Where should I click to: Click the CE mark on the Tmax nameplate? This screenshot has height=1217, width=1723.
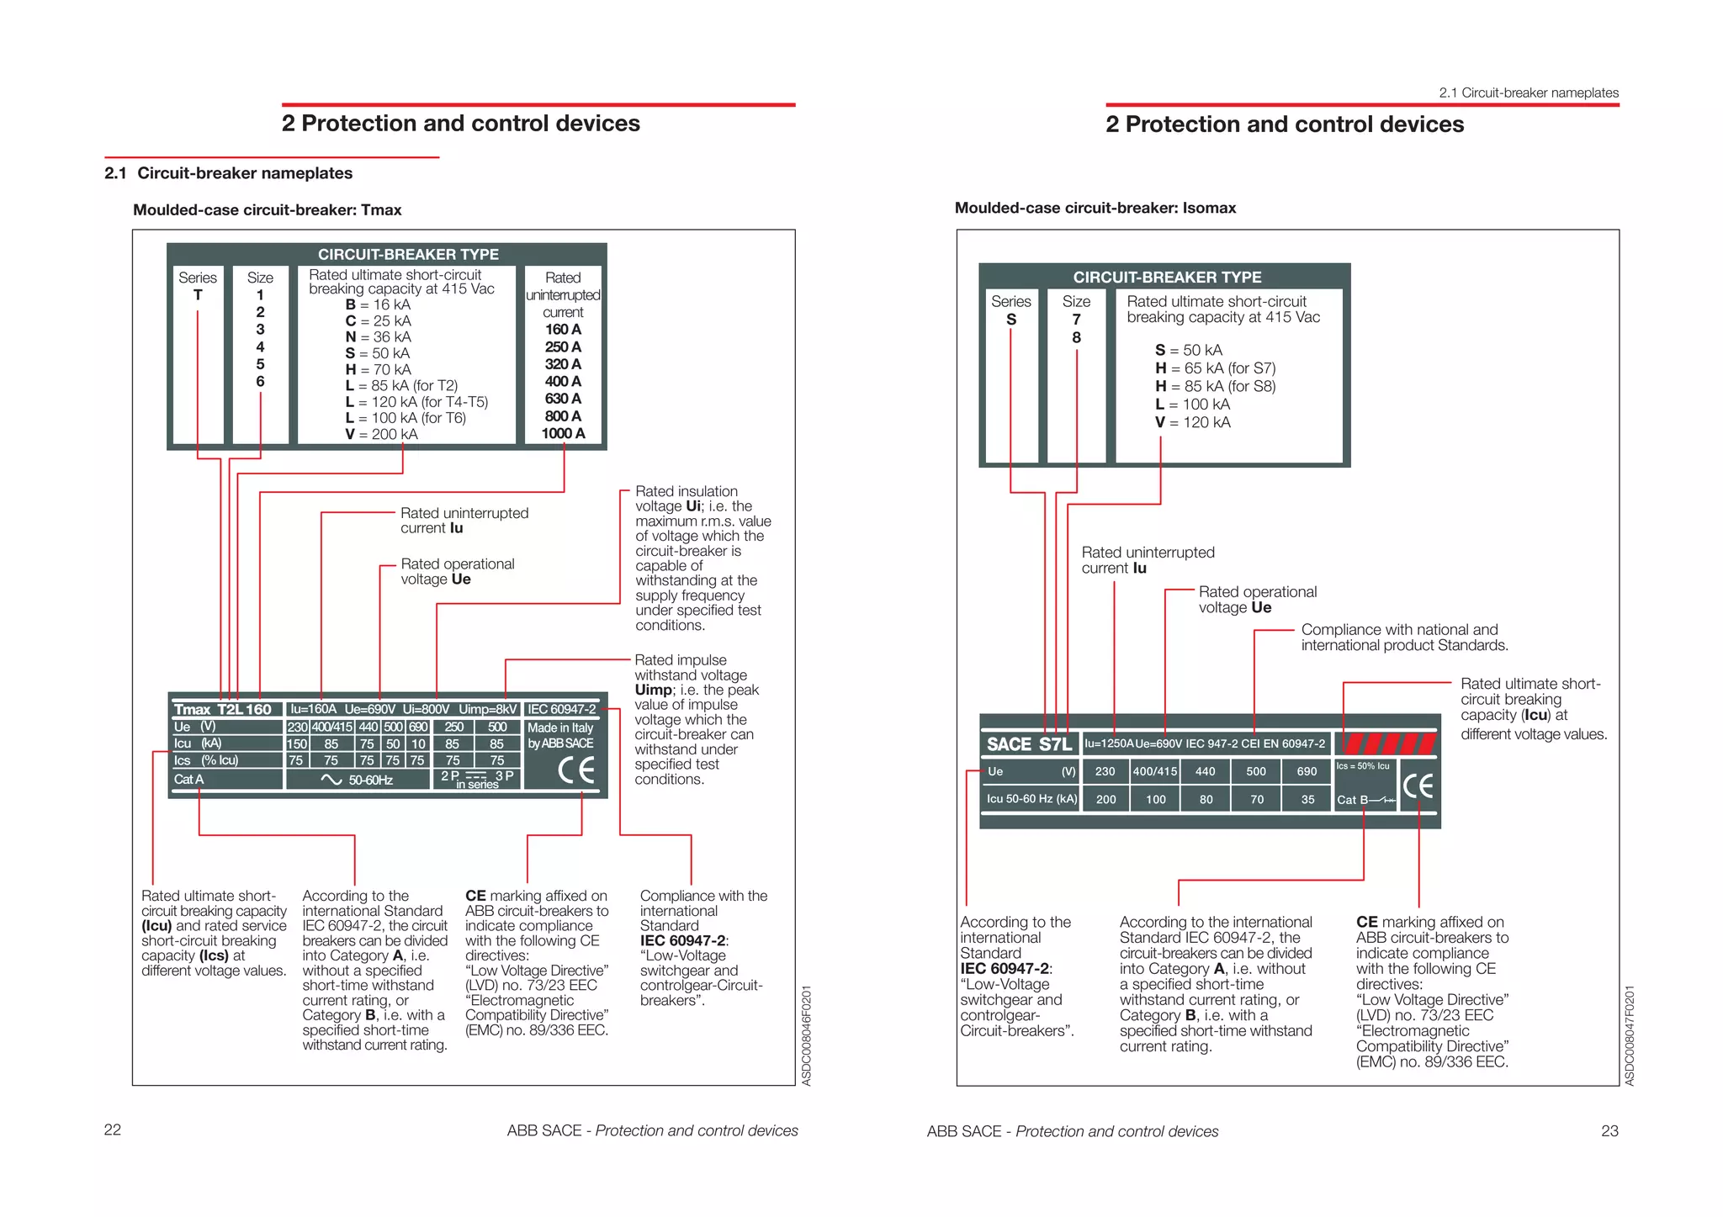[x=576, y=770]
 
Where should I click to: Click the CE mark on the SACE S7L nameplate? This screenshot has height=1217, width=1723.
[x=1418, y=786]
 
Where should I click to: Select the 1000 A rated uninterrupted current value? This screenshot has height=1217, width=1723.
[x=563, y=433]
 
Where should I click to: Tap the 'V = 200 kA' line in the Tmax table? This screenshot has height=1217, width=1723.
[x=381, y=434]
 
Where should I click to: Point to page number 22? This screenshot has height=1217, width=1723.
[x=113, y=1130]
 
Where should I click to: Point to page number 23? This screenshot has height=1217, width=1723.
[x=1609, y=1130]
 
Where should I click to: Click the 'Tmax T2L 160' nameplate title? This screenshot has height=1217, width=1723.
[x=223, y=709]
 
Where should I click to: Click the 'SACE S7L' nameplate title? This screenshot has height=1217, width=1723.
[x=1029, y=744]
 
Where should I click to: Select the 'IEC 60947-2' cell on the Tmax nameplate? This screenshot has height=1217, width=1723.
[x=561, y=709]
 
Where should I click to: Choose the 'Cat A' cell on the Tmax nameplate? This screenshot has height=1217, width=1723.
[x=189, y=779]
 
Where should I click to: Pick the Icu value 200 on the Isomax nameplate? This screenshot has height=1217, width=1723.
[x=1105, y=799]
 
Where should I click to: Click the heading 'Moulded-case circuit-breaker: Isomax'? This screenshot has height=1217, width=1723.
[x=1095, y=208]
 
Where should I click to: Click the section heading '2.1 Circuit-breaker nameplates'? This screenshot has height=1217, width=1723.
[x=229, y=173]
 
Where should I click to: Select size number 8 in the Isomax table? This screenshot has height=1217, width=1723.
[x=1076, y=337]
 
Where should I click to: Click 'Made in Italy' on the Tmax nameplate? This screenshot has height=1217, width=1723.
[x=560, y=728]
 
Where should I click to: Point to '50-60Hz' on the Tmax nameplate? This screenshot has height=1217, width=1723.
[x=370, y=780]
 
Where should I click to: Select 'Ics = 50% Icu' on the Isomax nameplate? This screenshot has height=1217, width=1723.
[x=1363, y=766]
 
